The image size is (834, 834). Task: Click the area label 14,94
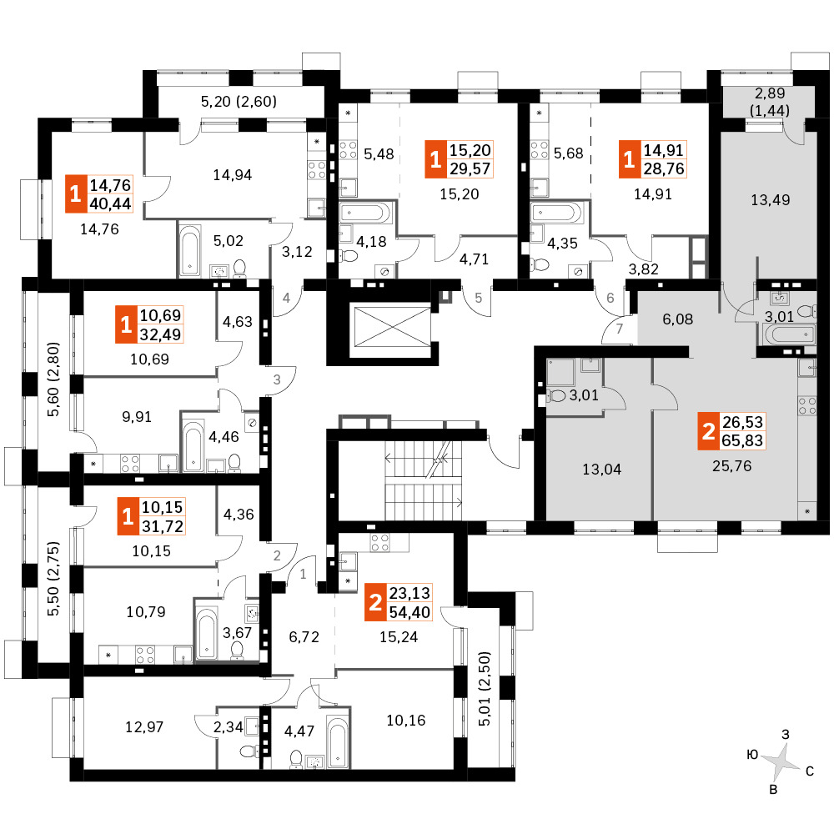tap(233, 175)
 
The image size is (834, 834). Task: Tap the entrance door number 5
tap(478, 298)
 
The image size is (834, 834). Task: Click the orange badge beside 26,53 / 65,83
tap(708, 431)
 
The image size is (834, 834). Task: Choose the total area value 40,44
tap(110, 203)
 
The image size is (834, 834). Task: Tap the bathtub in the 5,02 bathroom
tap(189, 250)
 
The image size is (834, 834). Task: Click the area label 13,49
tap(770, 200)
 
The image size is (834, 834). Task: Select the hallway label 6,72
tap(304, 636)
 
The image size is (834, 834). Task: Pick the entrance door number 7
tap(619, 329)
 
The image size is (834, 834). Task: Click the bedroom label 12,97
tap(144, 726)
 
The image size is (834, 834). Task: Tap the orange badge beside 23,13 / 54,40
tap(375, 602)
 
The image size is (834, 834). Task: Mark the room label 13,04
tap(601, 469)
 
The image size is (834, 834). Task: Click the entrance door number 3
tap(277, 379)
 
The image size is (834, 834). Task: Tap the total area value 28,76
tap(664, 168)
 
